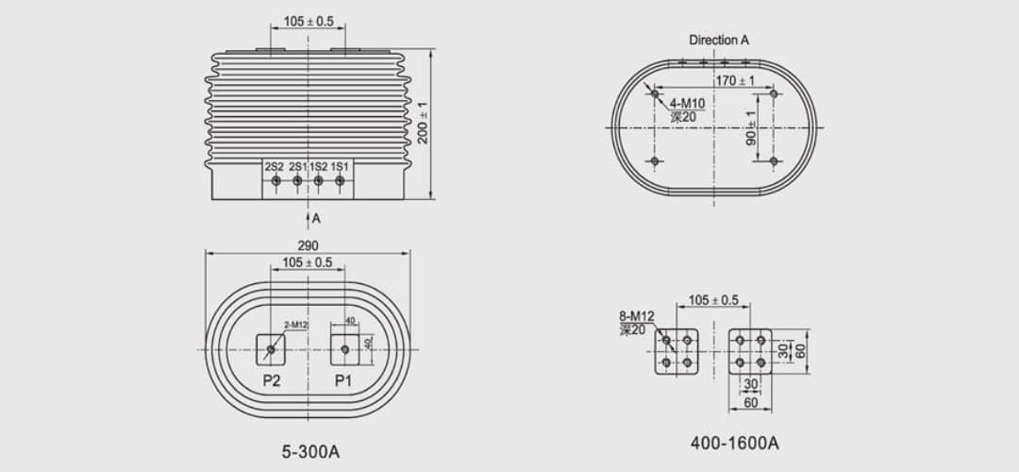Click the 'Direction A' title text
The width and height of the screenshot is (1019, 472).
719,40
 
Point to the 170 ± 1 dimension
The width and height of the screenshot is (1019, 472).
734,81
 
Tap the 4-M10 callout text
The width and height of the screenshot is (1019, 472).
687,103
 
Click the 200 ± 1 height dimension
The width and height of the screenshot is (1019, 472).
423,122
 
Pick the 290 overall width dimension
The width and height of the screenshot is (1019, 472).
308,246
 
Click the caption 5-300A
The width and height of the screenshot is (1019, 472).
310,451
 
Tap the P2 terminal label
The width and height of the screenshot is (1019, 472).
272,380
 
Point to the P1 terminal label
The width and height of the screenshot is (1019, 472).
343,380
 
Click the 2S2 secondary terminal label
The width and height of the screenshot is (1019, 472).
275,166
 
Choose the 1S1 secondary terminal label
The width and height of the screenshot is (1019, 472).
340,166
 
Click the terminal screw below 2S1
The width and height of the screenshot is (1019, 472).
297,180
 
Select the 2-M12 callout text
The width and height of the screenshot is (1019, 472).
283,325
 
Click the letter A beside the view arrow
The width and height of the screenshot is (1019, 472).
317,218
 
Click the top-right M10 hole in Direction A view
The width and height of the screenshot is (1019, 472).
774,93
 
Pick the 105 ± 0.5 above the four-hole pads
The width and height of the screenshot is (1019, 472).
713,300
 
